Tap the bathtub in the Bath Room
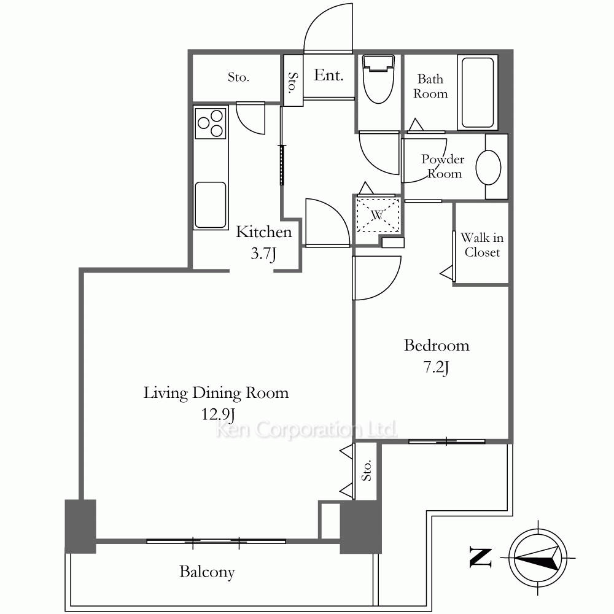tap(477, 93)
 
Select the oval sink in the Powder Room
tap(488, 167)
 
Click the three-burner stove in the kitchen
tap(211, 123)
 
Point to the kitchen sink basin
tap(211, 205)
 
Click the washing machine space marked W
tap(378, 215)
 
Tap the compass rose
tap(538, 558)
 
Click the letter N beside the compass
tap(481, 558)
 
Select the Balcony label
tap(207, 572)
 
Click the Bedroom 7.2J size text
tap(436, 368)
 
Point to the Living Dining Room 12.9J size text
tap(218, 414)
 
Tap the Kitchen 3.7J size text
tap(263, 254)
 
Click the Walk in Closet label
tap(482, 245)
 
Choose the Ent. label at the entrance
tap(328, 75)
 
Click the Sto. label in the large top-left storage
tap(238, 77)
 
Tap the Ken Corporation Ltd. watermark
tap(306, 430)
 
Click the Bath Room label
tap(430, 86)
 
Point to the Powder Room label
tap(443, 166)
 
